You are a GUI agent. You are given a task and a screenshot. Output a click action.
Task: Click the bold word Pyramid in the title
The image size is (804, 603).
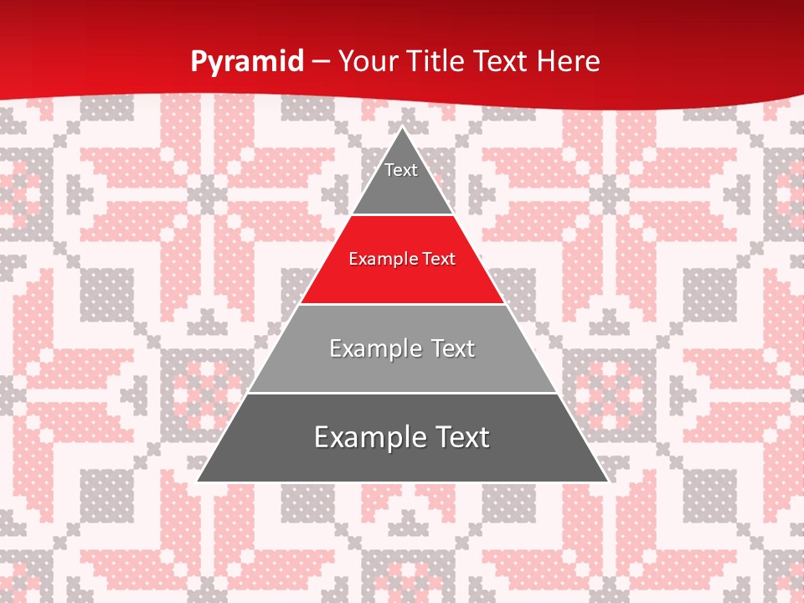pyautogui.click(x=247, y=62)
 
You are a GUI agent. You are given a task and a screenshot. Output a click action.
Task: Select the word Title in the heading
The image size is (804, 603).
pyautogui.click(x=441, y=61)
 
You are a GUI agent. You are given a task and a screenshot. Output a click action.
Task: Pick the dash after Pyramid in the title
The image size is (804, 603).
pyautogui.click(x=321, y=62)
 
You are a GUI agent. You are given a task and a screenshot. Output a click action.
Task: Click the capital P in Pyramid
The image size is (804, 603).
pyautogui.click(x=198, y=61)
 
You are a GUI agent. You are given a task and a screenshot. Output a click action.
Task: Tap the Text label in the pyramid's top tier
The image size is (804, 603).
pyautogui.click(x=401, y=170)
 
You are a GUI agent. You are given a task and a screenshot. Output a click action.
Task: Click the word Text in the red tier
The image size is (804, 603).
pyautogui.click(x=438, y=259)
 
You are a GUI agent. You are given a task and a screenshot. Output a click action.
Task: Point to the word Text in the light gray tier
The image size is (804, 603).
pyautogui.click(x=453, y=348)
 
